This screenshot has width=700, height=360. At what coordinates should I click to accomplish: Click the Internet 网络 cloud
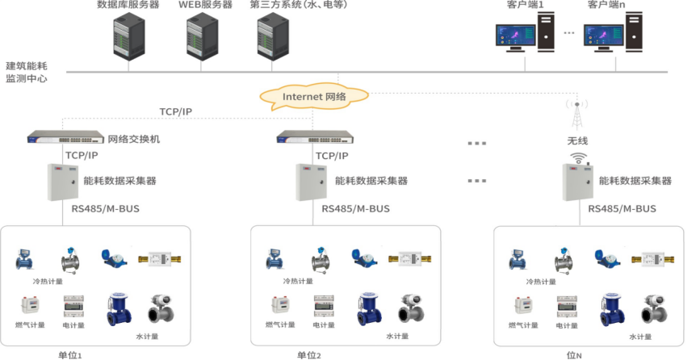coord(313,97)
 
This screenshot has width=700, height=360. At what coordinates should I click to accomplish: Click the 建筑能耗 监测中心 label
coord(27,73)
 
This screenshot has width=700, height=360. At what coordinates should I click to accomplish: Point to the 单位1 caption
coord(70,355)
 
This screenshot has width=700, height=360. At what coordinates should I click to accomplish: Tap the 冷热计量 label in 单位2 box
coord(296,282)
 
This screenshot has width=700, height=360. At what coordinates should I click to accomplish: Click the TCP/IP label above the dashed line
coord(175,112)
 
